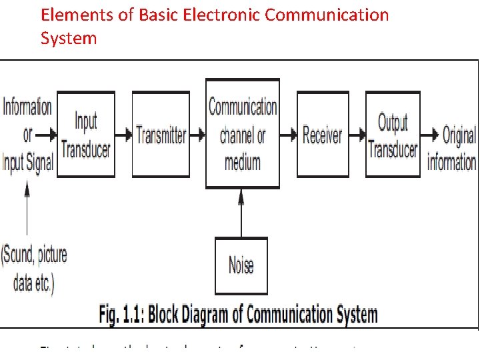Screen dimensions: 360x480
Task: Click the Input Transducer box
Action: pos(85,135)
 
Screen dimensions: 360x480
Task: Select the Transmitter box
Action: pos(161,135)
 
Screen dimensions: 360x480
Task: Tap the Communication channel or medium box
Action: pos(243,133)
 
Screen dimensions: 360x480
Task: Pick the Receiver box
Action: pos(323,135)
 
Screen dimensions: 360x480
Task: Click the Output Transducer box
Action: pos(393,135)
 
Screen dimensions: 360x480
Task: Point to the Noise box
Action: pos(241,265)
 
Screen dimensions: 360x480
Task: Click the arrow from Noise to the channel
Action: pos(241,212)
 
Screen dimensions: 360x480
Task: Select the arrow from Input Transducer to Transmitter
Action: pos(123,135)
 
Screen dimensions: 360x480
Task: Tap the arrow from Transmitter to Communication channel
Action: pos(197,135)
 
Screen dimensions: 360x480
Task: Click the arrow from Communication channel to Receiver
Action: pos(288,135)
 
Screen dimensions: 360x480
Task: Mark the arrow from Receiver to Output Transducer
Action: pos(357,135)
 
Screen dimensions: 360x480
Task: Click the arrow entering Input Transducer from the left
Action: pos(46,135)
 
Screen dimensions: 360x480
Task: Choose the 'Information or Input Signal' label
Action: pos(27,135)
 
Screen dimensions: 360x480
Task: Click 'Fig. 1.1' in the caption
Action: pos(122,313)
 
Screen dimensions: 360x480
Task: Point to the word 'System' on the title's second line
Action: pos(69,38)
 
